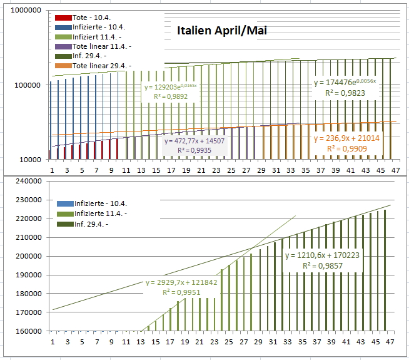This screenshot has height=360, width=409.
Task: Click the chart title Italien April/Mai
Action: tap(223, 30)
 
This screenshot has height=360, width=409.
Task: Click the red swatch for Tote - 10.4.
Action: tap(63, 18)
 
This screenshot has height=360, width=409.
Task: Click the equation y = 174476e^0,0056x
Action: tap(344, 83)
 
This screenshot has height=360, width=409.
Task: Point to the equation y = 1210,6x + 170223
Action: tap(322, 255)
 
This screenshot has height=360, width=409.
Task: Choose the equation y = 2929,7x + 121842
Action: tap(181, 283)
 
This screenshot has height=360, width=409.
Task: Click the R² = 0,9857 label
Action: tap(323, 265)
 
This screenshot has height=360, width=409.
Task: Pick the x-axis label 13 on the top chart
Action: tap(141, 170)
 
